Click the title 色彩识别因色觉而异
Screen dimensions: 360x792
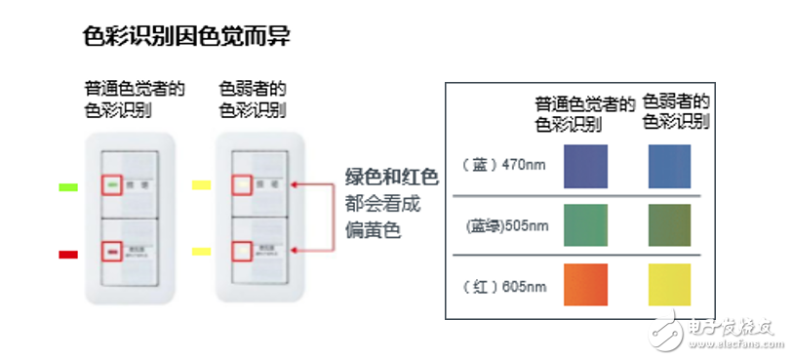[186, 36]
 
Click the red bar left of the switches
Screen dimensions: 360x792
[68, 254]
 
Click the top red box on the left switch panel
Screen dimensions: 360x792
[111, 183]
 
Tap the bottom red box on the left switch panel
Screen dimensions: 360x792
[112, 252]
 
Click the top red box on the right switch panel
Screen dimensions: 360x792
[239, 183]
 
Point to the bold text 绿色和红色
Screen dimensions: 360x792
[391, 177]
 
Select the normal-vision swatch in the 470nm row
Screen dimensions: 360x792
[585, 166]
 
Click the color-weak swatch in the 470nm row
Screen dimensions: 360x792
[669, 166]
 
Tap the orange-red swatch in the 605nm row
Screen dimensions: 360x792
[585, 285]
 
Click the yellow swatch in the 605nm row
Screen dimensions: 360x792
[669, 285]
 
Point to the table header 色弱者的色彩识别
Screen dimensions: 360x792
[675, 111]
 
